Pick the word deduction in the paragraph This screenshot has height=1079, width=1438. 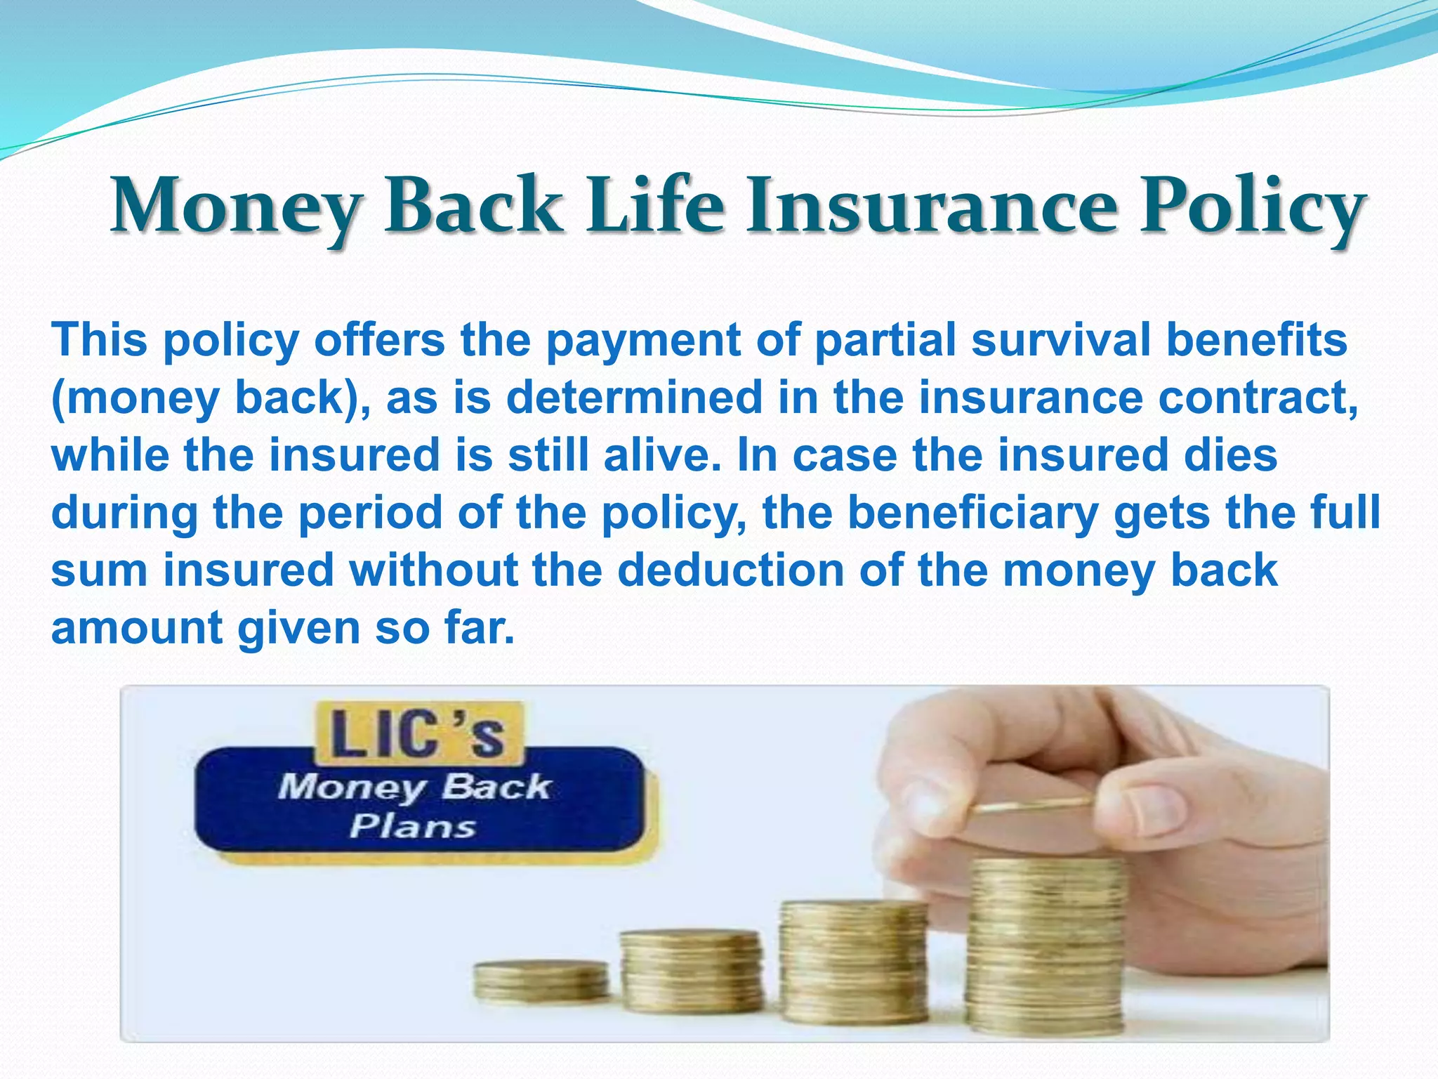(x=730, y=570)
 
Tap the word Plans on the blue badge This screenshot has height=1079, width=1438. (x=413, y=826)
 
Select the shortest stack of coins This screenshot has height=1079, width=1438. (x=541, y=981)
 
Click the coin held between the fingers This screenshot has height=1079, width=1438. (x=1032, y=807)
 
